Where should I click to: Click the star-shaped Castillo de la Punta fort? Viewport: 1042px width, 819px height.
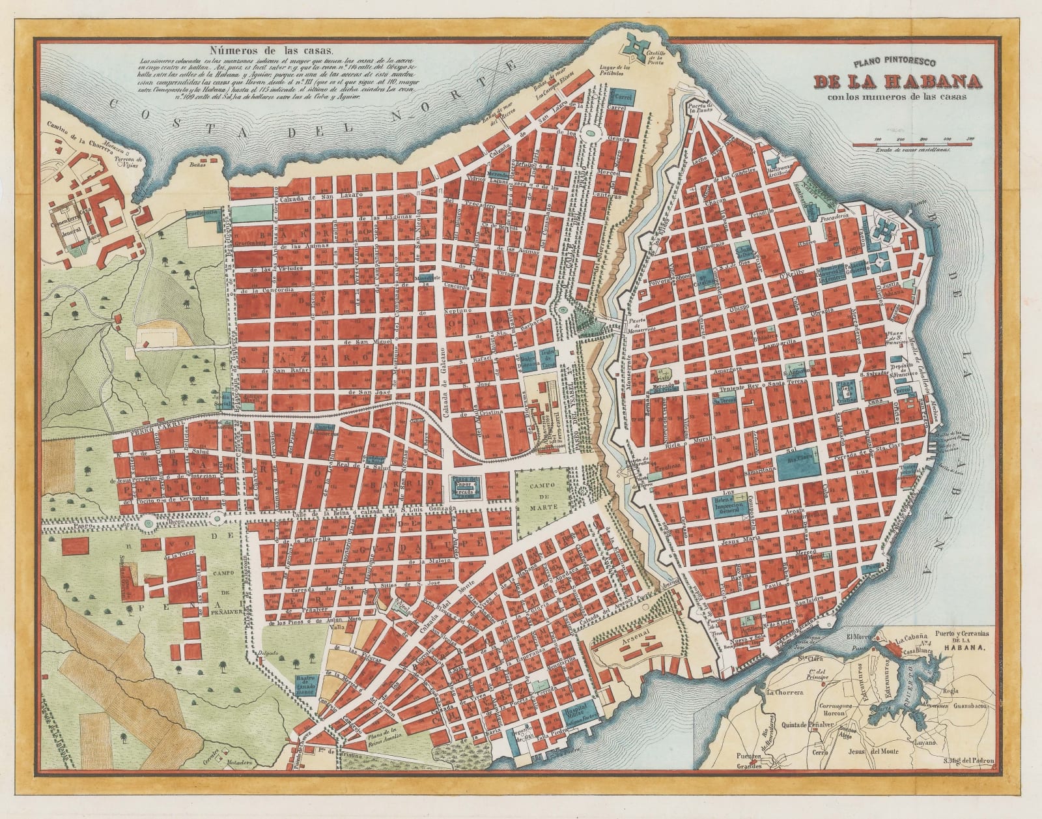click(634, 48)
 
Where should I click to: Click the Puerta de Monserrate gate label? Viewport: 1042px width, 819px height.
click(640, 326)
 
